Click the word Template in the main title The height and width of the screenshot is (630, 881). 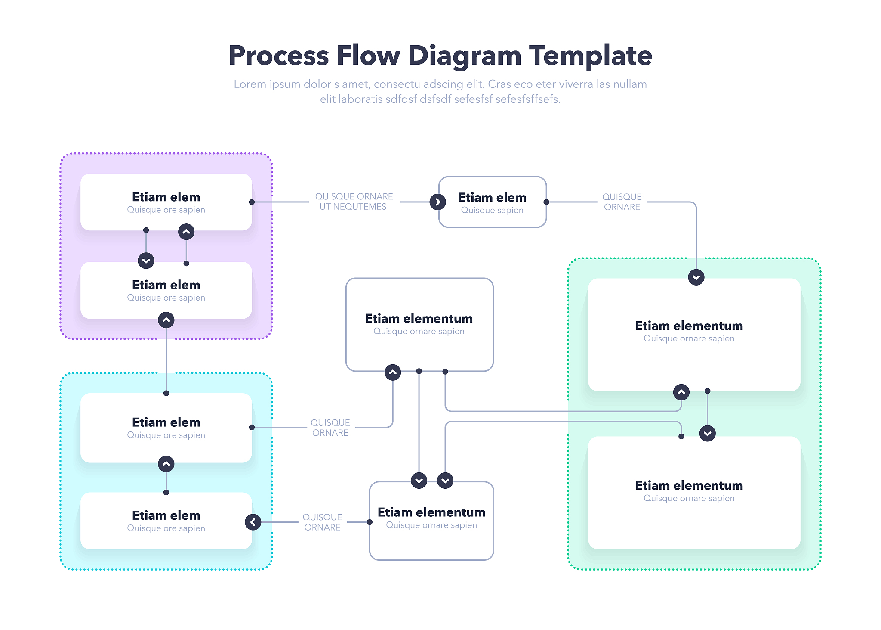[590, 56]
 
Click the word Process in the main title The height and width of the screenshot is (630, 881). [278, 56]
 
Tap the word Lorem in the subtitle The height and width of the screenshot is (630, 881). [250, 84]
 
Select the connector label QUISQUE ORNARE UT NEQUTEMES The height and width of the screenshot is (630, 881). [354, 202]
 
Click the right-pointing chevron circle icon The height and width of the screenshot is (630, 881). [438, 202]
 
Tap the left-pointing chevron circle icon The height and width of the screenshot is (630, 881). [253, 522]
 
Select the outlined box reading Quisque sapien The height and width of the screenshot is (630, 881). [493, 202]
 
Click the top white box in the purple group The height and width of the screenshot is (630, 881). [166, 202]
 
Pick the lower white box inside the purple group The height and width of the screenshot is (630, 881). [166, 290]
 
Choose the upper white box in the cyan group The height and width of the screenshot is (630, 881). [166, 428]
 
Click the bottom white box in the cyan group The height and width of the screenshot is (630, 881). [166, 521]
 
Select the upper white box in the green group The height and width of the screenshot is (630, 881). [694, 335]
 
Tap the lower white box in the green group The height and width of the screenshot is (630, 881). [694, 493]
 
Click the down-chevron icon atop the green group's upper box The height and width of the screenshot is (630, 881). [696, 277]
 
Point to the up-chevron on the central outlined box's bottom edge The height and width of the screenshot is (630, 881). [393, 372]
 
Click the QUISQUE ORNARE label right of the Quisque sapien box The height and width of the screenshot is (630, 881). [622, 202]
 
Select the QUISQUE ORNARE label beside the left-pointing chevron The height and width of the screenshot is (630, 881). [322, 522]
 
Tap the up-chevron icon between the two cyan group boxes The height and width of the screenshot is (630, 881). [166, 464]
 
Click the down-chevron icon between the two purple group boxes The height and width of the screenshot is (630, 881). [146, 261]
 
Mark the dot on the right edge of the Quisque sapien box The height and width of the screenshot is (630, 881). [546, 202]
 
